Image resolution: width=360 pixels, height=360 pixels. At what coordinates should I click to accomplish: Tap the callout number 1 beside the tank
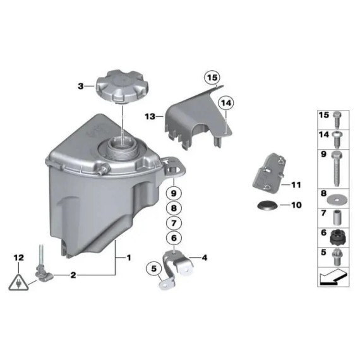[129, 258]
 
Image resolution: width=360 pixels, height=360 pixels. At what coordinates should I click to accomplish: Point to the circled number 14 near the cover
[225, 102]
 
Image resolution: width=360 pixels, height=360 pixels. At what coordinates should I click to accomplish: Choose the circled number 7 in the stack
[174, 222]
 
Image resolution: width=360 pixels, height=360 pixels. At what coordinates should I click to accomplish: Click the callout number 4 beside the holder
[204, 258]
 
